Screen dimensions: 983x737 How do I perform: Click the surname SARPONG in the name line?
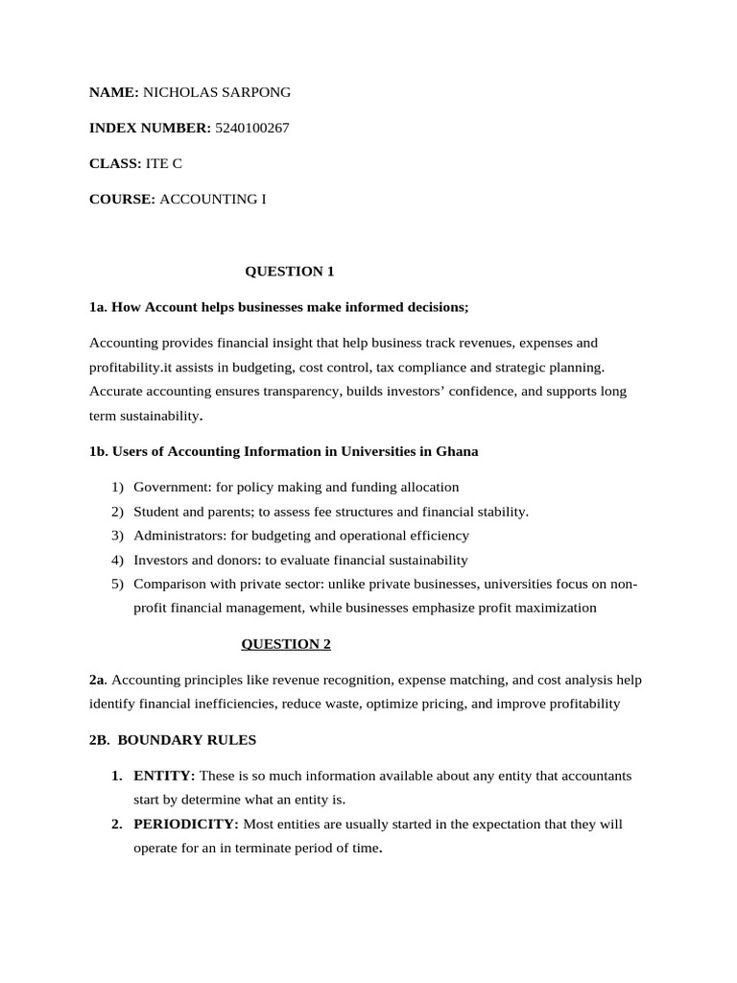tap(254, 92)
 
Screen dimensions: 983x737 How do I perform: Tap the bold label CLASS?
tap(115, 163)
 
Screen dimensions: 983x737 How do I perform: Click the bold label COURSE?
tap(122, 199)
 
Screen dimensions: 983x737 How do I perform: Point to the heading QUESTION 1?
tap(290, 271)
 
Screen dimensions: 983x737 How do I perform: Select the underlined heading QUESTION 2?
tap(285, 643)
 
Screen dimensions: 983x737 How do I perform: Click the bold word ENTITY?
tap(164, 775)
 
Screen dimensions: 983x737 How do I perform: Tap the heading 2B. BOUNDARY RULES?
tap(173, 740)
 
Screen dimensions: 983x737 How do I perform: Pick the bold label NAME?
tap(114, 92)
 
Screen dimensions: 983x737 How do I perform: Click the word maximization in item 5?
tap(555, 608)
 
